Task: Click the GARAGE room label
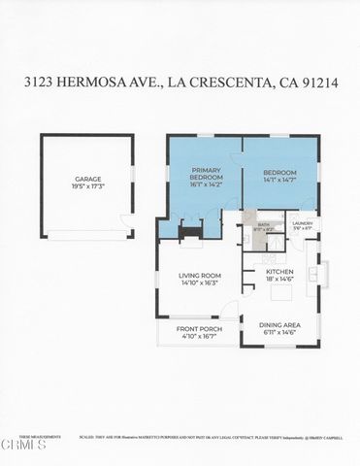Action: (88, 179)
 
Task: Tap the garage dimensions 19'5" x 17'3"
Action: (88, 186)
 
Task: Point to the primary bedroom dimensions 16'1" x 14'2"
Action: (207, 186)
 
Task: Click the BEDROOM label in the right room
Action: (279, 173)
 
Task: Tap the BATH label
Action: (263, 224)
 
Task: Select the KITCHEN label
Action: (280, 272)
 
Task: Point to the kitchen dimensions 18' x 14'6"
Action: (280, 280)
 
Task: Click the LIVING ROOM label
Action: (201, 276)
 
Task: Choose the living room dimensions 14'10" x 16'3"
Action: (201, 283)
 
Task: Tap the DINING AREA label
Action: (280, 325)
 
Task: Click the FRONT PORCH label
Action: (197, 329)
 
